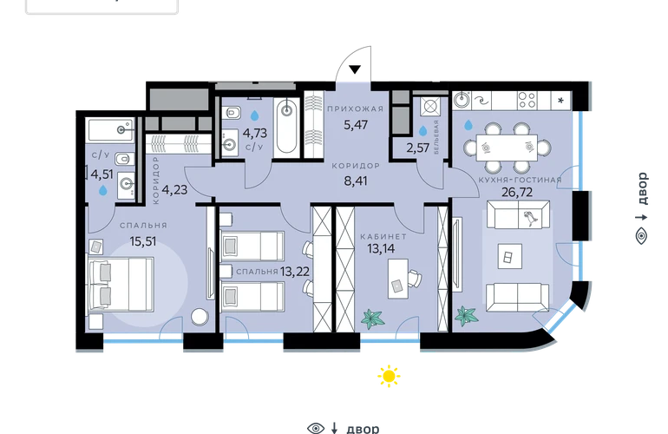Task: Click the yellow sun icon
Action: click(389, 376)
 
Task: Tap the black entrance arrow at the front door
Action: click(356, 69)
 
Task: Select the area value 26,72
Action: click(517, 193)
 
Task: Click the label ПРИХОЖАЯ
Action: click(356, 108)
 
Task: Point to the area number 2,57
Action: click(417, 148)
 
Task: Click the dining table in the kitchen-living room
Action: click(507, 148)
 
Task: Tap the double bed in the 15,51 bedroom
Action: click(120, 284)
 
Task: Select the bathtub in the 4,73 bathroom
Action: click(286, 126)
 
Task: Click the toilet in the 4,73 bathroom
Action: click(233, 113)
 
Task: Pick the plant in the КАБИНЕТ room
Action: click(373, 319)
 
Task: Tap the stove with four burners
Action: click(527, 101)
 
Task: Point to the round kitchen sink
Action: click(461, 100)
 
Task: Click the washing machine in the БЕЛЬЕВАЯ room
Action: click(429, 105)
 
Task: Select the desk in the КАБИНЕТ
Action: click(398, 279)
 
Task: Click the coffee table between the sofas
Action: click(510, 256)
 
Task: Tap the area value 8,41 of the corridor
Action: click(356, 181)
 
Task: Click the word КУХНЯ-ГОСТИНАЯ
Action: click(521, 180)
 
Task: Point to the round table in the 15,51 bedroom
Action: click(200, 316)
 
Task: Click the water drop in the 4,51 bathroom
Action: click(103, 190)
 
